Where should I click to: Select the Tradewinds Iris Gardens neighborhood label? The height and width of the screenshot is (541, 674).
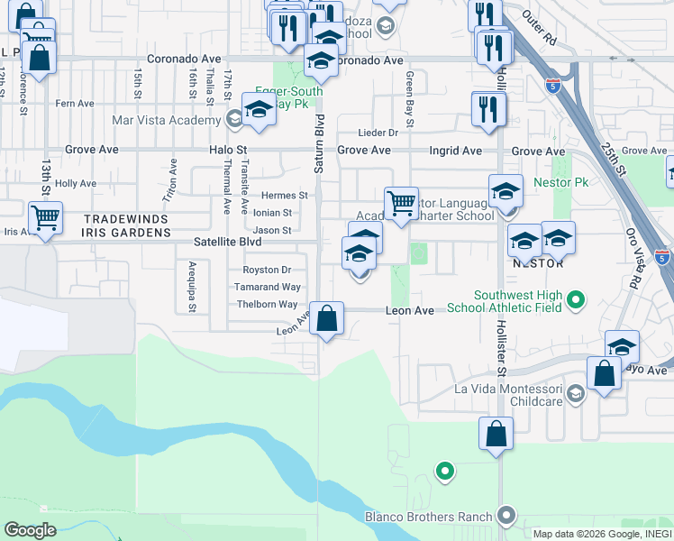tap(127, 225)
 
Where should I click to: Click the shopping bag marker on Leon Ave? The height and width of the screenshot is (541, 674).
tap(327, 319)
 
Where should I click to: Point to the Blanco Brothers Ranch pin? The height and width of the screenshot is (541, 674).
tap(505, 517)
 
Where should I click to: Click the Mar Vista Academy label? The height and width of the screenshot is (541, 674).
tap(167, 120)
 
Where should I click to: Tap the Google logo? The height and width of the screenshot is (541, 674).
tap(30, 530)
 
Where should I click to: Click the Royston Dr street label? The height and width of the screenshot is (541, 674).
tap(267, 270)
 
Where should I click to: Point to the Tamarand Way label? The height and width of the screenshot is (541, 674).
tap(267, 287)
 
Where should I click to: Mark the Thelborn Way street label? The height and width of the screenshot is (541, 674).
tap(268, 305)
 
